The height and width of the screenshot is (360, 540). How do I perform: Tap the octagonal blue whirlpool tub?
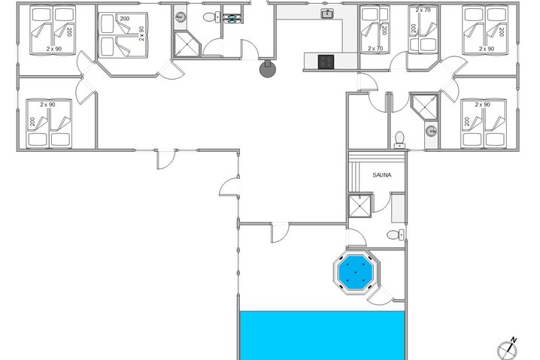click(356, 272)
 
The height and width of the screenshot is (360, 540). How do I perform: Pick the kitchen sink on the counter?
click(326, 14)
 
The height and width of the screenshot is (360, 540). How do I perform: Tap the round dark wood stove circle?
click(267, 69)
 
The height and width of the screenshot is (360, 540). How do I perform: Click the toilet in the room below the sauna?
click(394, 235)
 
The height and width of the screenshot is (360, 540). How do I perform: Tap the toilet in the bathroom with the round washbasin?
click(399, 138)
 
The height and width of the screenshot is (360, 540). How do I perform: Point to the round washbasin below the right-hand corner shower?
click(431, 131)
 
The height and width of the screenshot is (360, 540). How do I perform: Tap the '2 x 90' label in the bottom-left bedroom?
click(49, 105)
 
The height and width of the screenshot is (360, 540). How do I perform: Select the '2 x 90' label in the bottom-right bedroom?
click(481, 104)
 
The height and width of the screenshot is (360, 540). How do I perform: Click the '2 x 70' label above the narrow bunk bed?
click(423, 11)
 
